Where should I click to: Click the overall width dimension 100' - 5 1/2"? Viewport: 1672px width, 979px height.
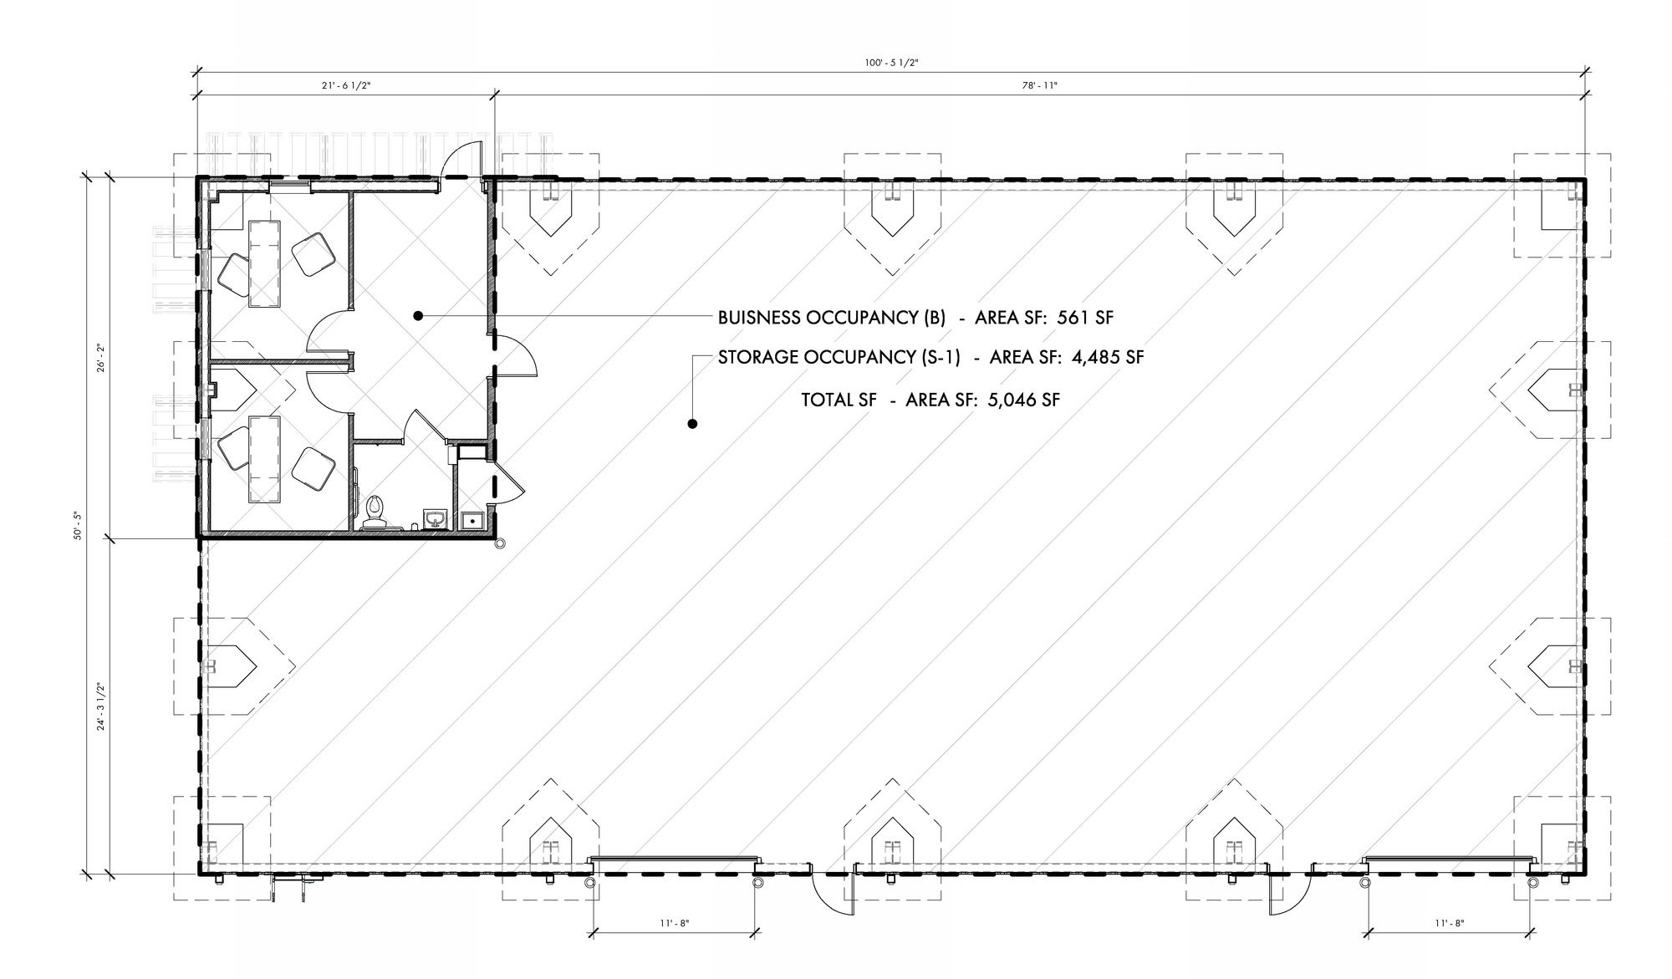coord(892,63)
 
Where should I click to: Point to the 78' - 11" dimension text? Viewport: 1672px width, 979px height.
coord(1039,85)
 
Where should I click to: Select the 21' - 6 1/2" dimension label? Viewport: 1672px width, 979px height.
coord(345,85)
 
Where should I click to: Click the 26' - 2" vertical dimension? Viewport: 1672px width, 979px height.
coord(99,357)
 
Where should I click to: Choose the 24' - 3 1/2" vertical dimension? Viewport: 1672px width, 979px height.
coord(99,707)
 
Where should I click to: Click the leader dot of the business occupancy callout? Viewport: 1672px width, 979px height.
coord(418,316)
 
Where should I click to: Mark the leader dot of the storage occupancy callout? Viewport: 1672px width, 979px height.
coord(692,424)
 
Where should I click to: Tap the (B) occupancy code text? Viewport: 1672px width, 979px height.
coord(935,318)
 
